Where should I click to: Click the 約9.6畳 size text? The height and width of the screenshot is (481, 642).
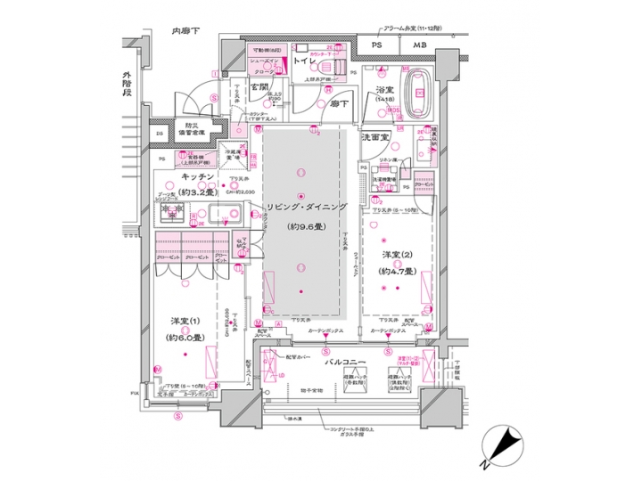click(x=302, y=228)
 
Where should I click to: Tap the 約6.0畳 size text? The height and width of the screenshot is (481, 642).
click(x=185, y=338)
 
